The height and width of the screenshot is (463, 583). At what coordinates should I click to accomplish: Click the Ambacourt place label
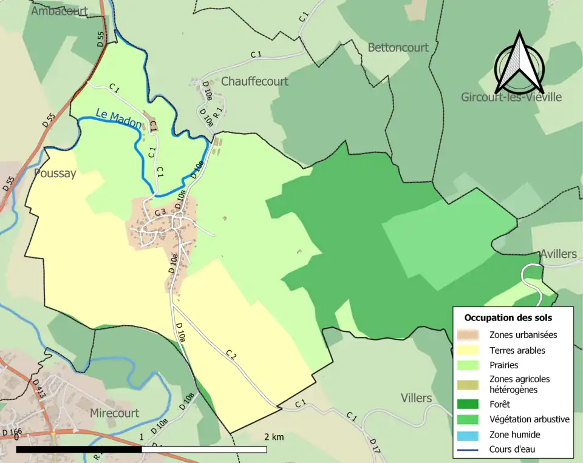pyautogui.click(x=60, y=11)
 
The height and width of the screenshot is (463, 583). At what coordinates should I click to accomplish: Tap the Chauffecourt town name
pyautogui.click(x=254, y=81)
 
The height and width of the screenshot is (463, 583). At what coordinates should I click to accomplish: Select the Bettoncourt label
pyautogui.click(x=398, y=47)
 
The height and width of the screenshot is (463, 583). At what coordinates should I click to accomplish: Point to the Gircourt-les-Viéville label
pyautogui.click(x=511, y=97)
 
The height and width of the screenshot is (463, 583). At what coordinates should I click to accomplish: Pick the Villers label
pyautogui.click(x=416, y=398)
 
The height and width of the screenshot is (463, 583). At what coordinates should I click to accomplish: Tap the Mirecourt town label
pyautogui.click(x=114, y=413)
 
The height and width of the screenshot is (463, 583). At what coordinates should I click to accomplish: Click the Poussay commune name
pyautogui.click(x=55, y=174)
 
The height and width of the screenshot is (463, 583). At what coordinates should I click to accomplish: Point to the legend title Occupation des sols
pyautogui.click(x=508, y=317)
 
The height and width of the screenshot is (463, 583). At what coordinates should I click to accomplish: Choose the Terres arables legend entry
pyautogui.click(x=517, y=350)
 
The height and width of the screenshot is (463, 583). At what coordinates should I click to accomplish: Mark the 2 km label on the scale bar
pyautogui.click(x=273, y=437)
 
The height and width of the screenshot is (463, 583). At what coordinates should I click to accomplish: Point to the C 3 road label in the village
pyautogui.click(x=160, y=212)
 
